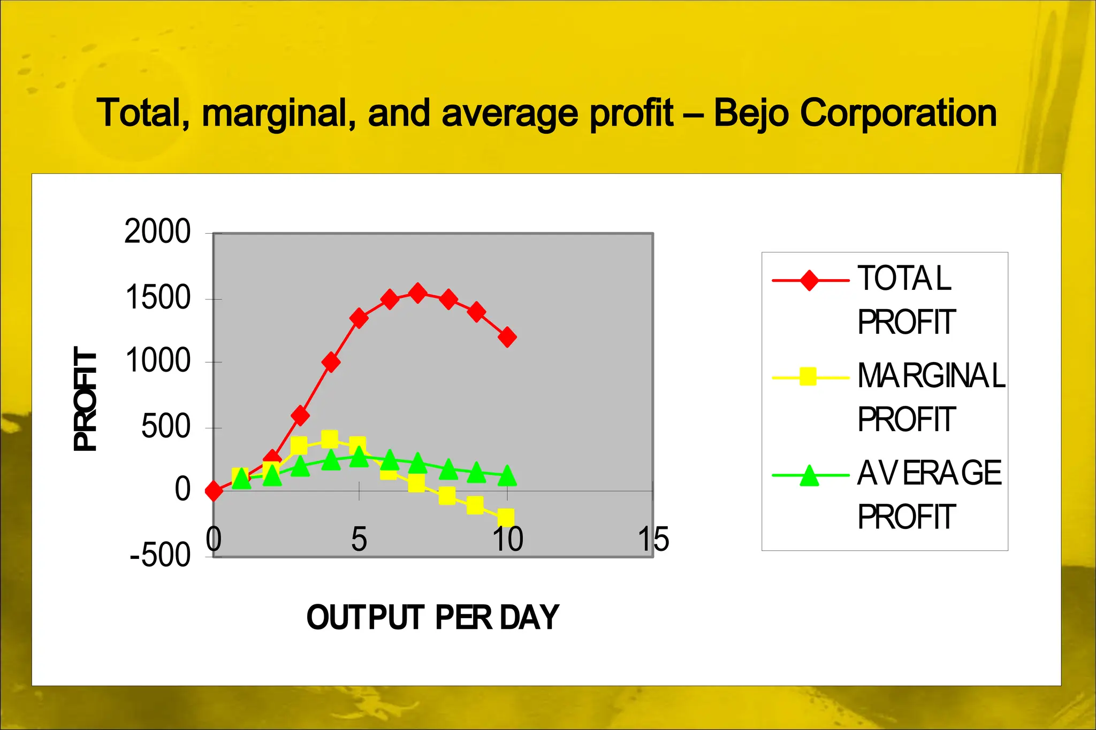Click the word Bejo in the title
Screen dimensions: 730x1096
click(750, 113)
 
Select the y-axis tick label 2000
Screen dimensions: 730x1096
click(157, 232)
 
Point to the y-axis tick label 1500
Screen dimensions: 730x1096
click(157, 298)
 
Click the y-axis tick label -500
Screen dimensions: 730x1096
click(160, 556)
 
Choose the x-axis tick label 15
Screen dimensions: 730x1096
click(653, 539)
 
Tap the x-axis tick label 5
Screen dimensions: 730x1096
click(359, 539)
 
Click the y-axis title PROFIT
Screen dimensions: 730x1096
click(86, 398)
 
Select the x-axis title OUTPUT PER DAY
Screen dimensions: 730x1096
click(432, 617)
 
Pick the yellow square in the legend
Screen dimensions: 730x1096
click(808, 376)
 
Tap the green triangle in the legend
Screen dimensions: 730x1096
click(809, 475)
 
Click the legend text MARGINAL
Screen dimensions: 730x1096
click(931, 375)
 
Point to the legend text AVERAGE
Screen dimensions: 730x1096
click(929, 473)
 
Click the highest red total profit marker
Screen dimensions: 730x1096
click(418, 293)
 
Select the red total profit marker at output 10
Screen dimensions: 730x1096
click(507, 337)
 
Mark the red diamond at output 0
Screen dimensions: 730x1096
click(214, 490)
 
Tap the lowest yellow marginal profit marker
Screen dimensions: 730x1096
click(506, 517)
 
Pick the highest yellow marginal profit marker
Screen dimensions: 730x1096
click(330, 440)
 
